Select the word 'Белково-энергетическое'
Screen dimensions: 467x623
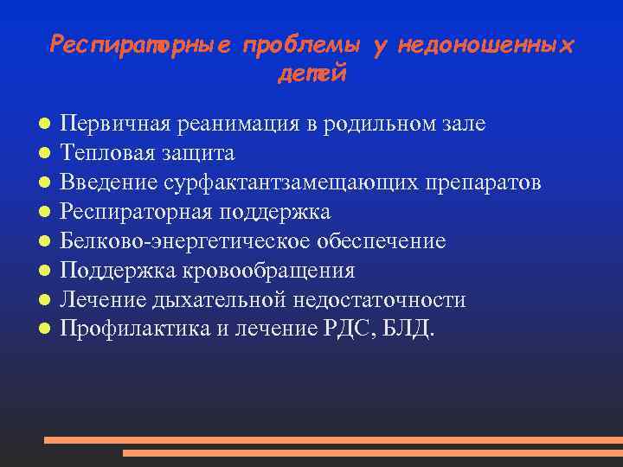(183, 241)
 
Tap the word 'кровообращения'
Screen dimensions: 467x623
(268, 271)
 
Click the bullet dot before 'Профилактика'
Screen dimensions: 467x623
(42, 329)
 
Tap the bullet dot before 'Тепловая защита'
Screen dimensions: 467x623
(42, 153)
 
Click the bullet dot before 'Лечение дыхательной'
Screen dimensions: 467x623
(42, 300)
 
